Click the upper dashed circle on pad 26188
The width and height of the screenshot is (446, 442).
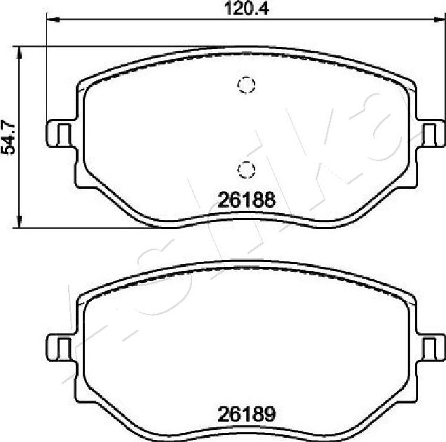click(245, 85)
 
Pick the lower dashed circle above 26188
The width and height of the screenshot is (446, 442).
click(245, 169)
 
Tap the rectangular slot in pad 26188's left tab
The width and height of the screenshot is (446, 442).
click(62, 132)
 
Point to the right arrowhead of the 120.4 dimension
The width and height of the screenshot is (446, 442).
click(440, 22)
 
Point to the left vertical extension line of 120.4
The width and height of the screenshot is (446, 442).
click(46, 70)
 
